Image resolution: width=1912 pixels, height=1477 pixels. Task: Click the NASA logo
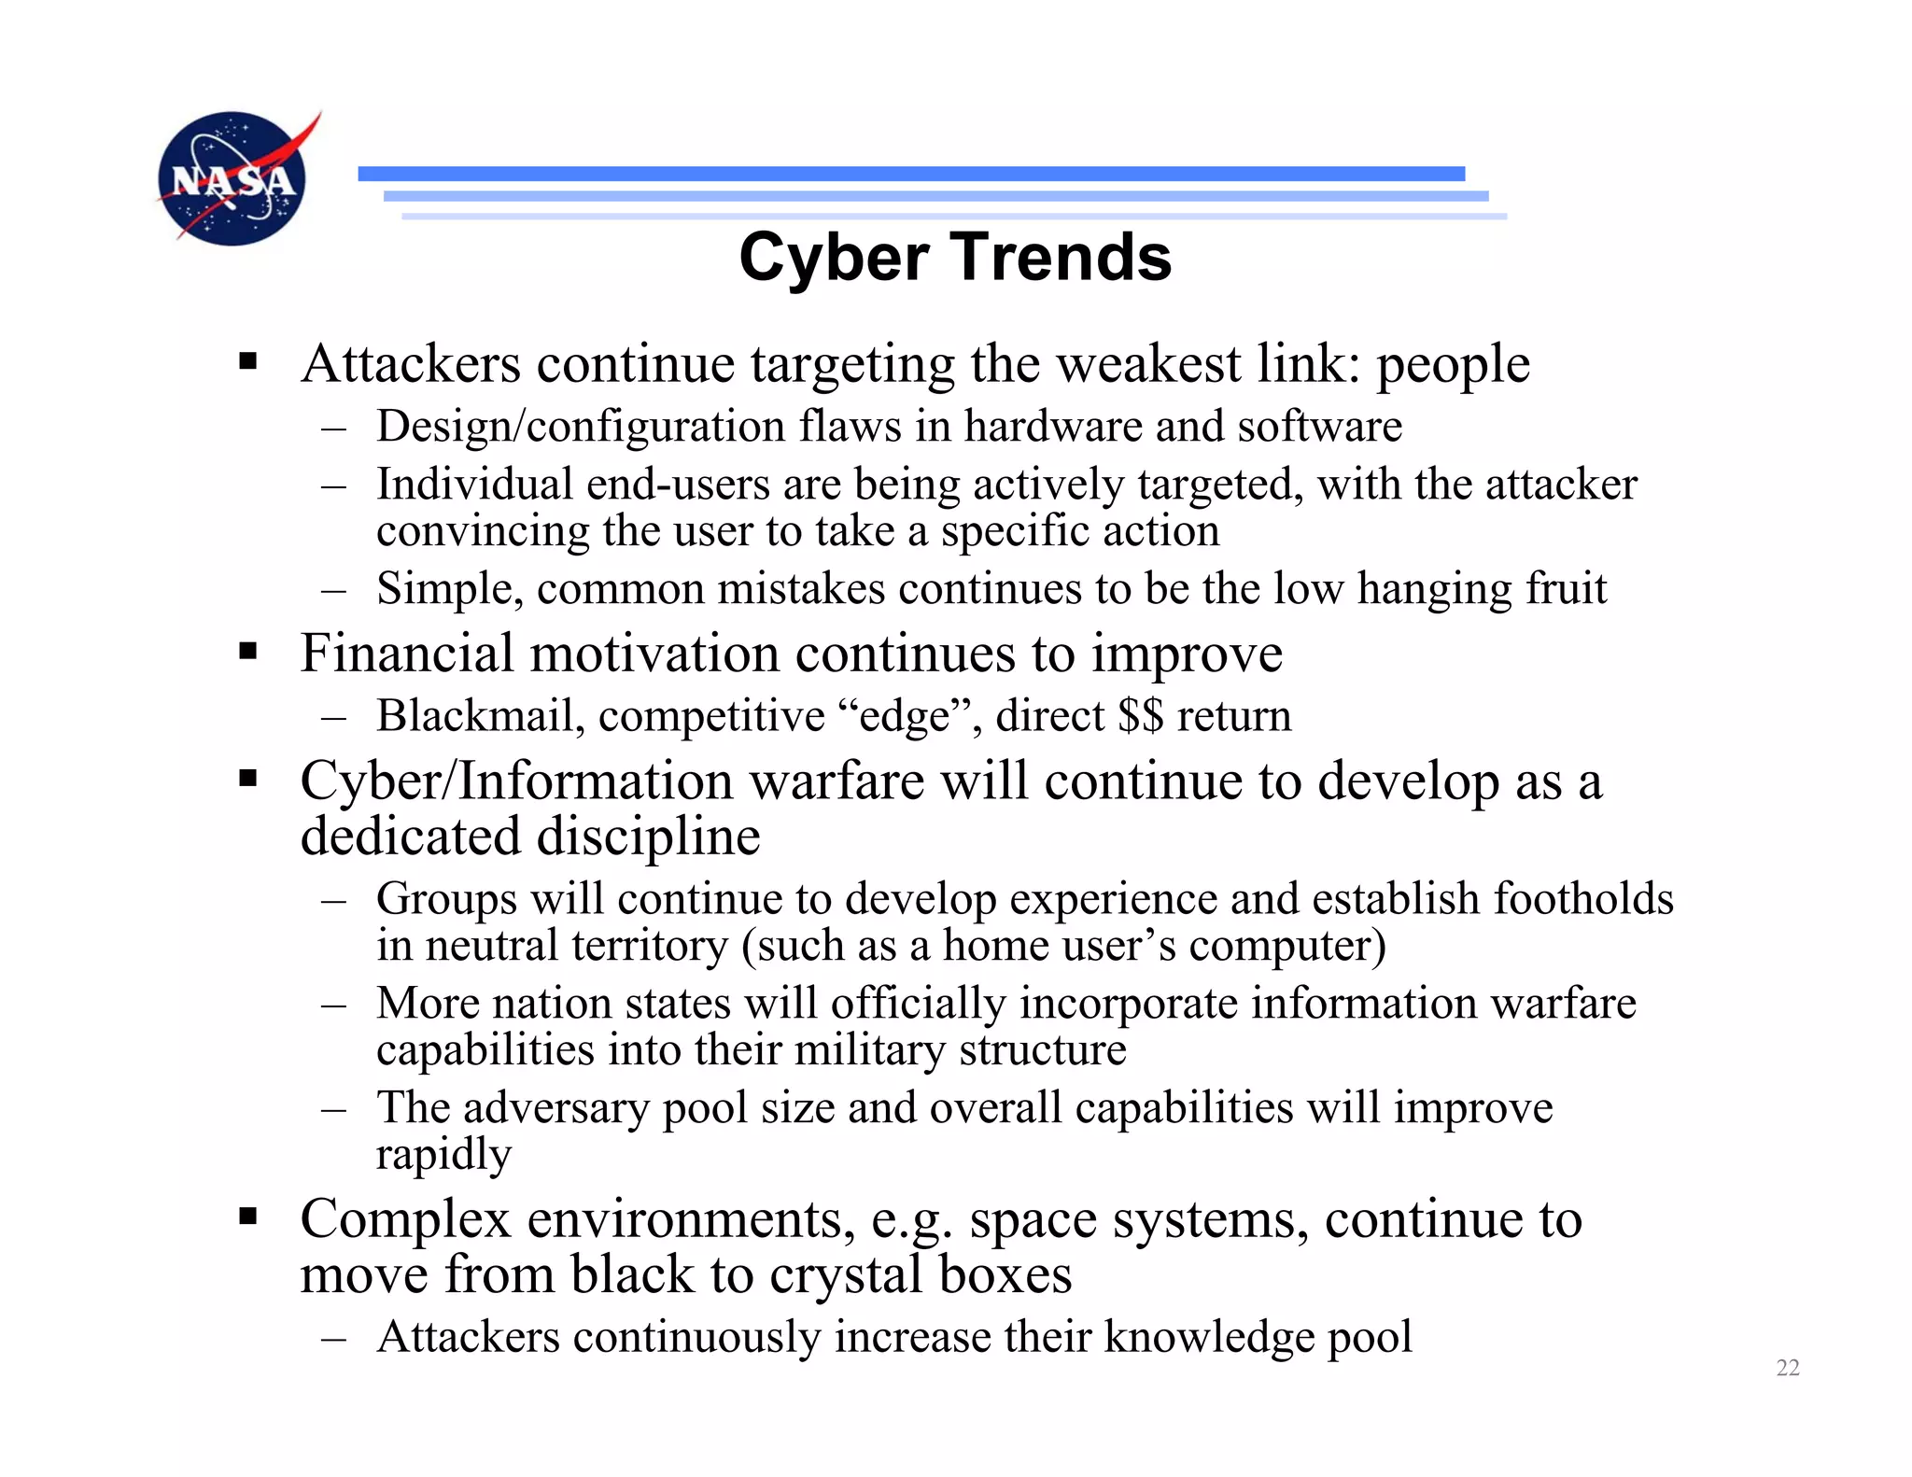point(233,177)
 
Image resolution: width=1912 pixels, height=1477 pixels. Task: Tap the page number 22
point(1787,1368)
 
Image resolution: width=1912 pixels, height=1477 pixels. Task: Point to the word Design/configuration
point(581,427)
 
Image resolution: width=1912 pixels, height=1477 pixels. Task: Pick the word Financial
point(406,653)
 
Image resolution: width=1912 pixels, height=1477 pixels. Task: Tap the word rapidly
point(443,1156)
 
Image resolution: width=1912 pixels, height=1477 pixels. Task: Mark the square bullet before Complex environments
point(247,1217)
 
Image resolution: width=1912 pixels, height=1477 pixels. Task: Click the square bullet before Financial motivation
point(247,650)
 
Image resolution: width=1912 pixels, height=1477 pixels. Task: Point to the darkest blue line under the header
point(911,174)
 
